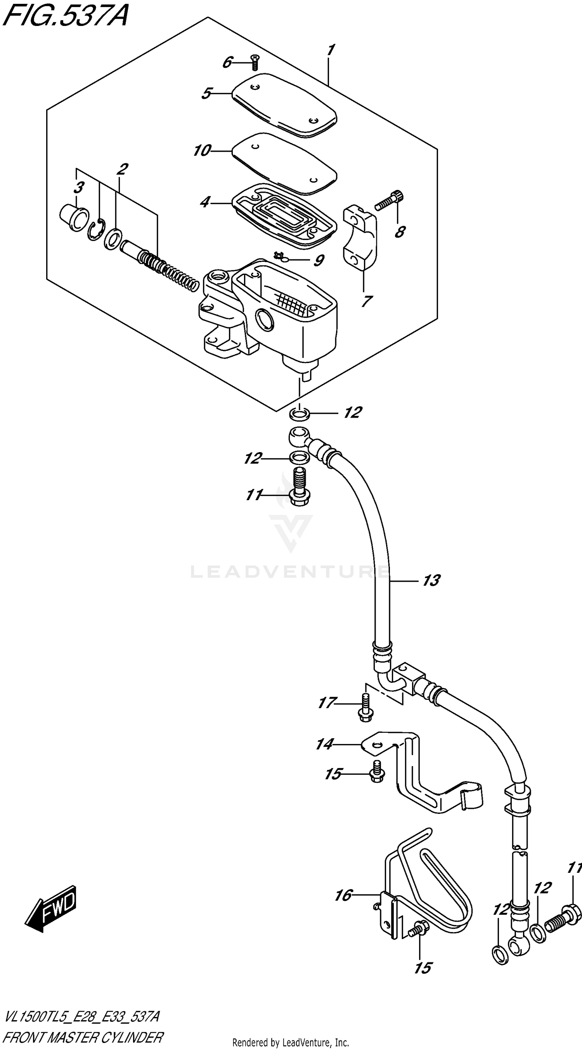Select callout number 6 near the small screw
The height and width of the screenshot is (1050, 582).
tap(227, 63)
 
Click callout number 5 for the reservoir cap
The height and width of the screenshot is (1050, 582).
tap(206, 94)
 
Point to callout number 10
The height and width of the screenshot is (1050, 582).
tap(201, 151)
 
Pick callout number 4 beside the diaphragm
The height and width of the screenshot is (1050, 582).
tap(205, 202)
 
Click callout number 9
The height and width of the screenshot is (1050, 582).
tap(319, 261)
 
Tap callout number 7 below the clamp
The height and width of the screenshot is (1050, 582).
tap(366, 302)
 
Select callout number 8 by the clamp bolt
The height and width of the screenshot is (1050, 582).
tap(400, 232)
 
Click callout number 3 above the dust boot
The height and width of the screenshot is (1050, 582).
tap(79, 188)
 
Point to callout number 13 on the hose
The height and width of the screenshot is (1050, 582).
tap(431, 580)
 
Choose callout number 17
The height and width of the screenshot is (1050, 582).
tap(327, 703)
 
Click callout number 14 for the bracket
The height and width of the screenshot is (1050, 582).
tap(325, 745)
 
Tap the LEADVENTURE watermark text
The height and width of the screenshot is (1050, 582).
tap(289, 572)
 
